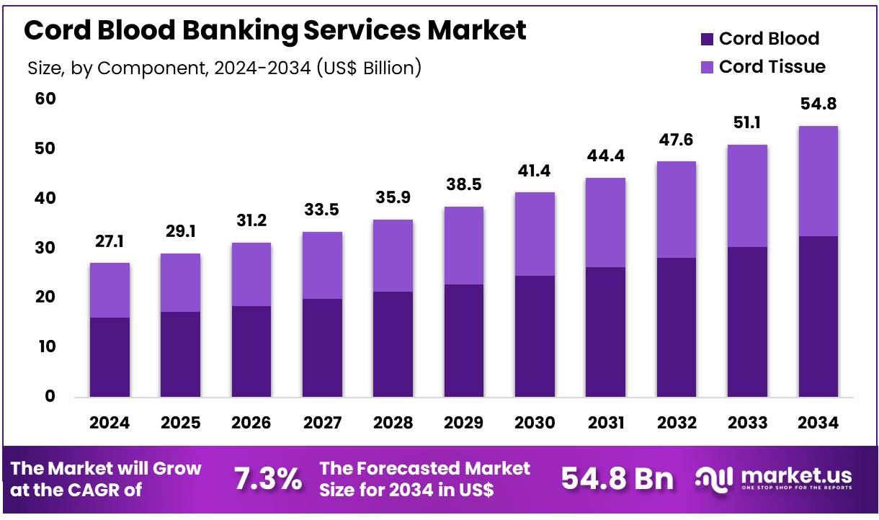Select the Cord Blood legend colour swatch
coord(706,39)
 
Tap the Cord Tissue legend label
coord(772,67)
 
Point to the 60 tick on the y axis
coord(45,99)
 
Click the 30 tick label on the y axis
coord(45,248)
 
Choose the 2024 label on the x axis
coord(110,423)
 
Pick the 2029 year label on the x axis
coord(464,423)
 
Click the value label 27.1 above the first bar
coord(110,243)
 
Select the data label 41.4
coord(535,172)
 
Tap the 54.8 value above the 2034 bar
coord(818,105)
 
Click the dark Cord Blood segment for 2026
coord(251,351)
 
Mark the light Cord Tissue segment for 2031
coord(605,223)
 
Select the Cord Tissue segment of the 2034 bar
coord(818,181)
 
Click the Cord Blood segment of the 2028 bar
coord(393,344)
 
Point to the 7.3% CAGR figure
coord(269,479)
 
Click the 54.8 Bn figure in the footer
coord(617,479)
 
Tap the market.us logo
coord(774,478)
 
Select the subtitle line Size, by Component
coord(224,68)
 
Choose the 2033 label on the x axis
coord(747,423)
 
